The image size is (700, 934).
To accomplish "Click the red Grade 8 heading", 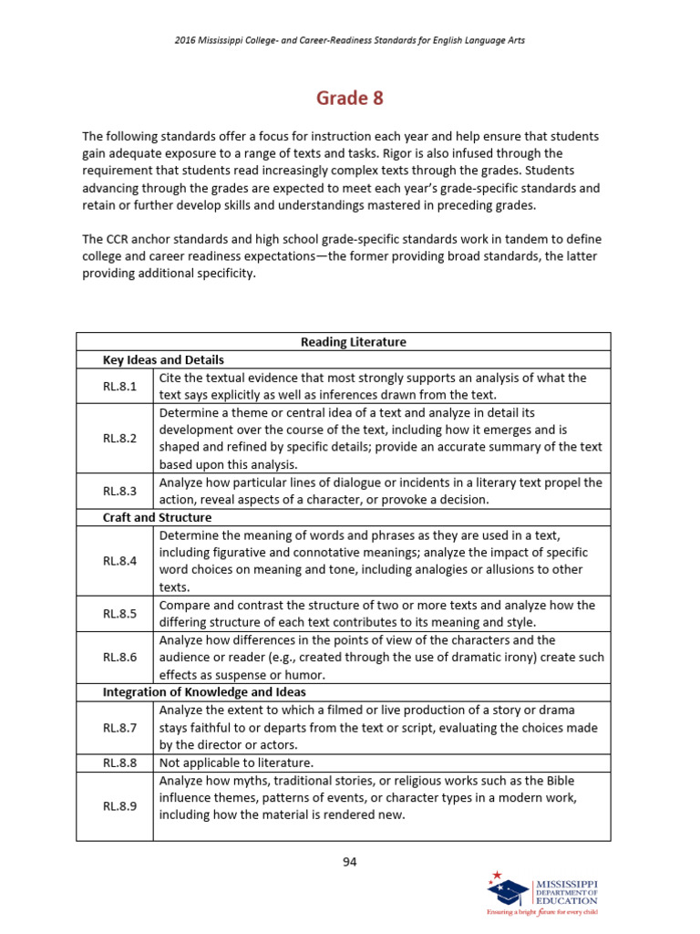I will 350,98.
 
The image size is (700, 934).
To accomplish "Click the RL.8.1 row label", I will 119,386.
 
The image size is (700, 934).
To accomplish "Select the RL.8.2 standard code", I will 119,438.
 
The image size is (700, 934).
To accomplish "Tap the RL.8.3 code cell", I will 119,491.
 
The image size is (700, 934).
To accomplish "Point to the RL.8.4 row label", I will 119,561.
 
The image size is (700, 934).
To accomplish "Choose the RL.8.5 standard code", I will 119,613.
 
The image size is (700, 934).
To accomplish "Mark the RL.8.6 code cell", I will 119,657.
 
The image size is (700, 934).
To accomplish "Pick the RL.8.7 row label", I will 119,728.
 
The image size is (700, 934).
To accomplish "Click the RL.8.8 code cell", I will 119,763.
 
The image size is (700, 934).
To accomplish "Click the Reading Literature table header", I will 354,342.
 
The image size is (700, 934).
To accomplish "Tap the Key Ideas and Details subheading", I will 163,359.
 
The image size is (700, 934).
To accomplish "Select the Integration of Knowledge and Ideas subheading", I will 203,692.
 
